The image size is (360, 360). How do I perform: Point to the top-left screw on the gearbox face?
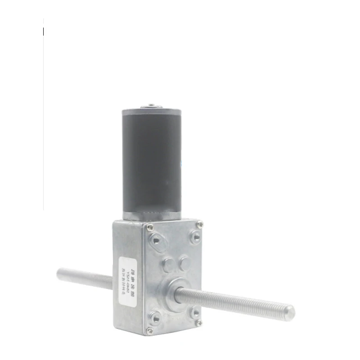point(150,226)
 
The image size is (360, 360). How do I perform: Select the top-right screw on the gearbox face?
point(200,224)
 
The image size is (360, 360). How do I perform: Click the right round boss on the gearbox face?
point(184,262)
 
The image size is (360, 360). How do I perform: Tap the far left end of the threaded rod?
point(59,273)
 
